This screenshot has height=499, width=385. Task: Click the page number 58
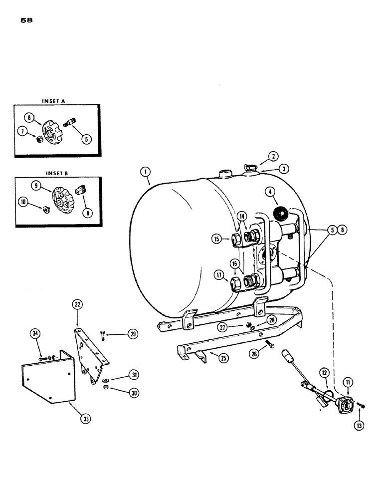click(x=26, y=21)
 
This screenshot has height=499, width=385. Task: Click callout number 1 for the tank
click(x=144, y=173)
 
